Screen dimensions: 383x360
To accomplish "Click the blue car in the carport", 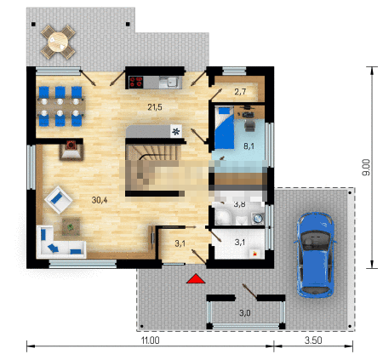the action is point(315,254).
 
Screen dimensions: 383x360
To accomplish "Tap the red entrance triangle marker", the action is point(196,278).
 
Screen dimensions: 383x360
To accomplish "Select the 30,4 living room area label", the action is point(100,200).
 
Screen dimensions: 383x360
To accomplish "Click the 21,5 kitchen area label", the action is point(155,107).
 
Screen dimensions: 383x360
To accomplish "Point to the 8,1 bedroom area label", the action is point(249,146).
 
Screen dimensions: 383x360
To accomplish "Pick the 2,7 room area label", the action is point(240,92).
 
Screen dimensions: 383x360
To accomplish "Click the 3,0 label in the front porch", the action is point(245,313).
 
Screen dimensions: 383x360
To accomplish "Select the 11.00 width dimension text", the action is point(151,340).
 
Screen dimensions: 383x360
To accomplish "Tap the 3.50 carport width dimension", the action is point(313,340).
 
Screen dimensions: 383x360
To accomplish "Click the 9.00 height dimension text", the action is point(367,167).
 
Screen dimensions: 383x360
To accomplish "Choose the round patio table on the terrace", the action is point(58,42).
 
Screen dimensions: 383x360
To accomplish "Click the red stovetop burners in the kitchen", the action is point(136,83).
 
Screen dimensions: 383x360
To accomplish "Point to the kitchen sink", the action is point(170,83).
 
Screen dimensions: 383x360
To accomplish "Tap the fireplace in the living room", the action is point(71,150).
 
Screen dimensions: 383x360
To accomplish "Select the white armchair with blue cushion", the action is point(59,200).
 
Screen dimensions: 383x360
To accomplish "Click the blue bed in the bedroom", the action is point(225,128).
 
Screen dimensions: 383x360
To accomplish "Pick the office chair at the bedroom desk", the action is point(249,125).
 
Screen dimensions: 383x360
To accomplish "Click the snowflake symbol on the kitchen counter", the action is point(176,131).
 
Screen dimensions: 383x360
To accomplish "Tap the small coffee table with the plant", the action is point(71,226).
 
